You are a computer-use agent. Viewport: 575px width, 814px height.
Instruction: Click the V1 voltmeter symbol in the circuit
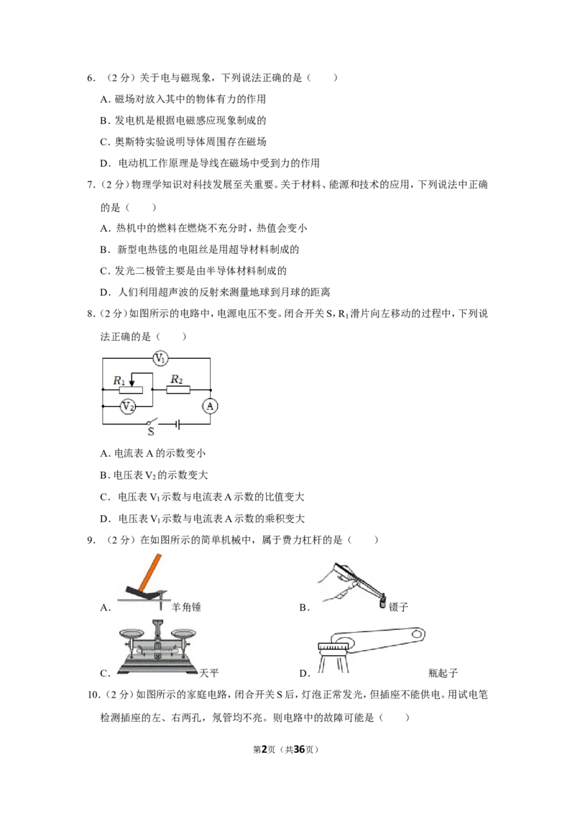click(160, 357)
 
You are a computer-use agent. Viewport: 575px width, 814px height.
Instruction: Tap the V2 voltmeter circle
click(128, 406)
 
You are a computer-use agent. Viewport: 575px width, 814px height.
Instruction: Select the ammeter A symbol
click(210, 406)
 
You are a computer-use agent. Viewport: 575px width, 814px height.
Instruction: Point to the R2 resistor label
click(177, 380)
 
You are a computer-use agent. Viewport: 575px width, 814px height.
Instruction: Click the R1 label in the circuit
click(119, 381)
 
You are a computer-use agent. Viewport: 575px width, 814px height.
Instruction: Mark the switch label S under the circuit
click(151, 431)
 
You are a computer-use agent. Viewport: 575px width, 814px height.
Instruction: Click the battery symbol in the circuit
click(178, 425)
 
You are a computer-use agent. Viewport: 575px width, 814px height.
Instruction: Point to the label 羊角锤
click(186, 607)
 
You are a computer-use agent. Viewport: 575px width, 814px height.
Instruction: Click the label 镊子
click(399, 607)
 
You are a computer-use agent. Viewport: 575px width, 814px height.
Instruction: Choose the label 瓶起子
click(443, 673)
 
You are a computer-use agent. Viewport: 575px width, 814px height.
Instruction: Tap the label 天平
click(209, 673)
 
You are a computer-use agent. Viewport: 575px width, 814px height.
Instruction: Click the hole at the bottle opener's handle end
click(415, 634)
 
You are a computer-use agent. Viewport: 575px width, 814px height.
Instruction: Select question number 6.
click(91, 78)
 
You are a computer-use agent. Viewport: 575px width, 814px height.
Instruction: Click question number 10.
click(93, 695)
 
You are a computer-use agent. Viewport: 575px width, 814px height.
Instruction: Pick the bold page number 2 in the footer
click(264, 749)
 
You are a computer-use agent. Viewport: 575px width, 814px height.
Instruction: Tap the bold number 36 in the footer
click(300, 749)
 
